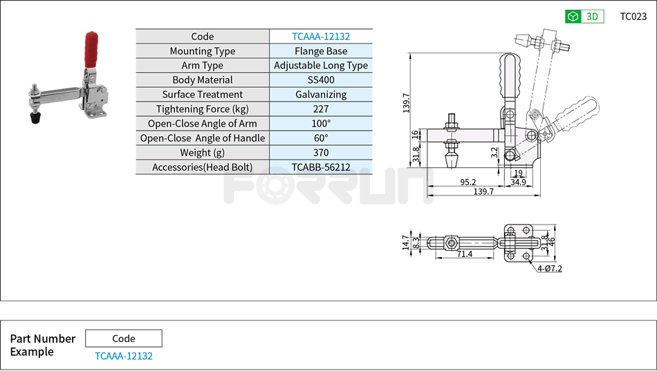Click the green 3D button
click(x=584, y=17)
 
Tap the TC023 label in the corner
click(x=633, y=17)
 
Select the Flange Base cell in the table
click(x=321, y=51)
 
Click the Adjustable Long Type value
click(x=321, y=66)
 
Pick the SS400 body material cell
click(x=321, y=80)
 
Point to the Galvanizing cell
click(x=321, y=95)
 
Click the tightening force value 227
click(x=321, y=109)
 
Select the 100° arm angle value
click(x=321, y=124)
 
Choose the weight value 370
click(x=321, y=153)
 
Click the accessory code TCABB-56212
click(x=321, y=167)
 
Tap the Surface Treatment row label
click(x=203, y=95)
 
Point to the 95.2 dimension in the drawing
click(x=468, y=182)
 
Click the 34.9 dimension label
click(x=518, y=182)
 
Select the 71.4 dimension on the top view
click(x=465, y=254)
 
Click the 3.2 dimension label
click(x=494, y=153)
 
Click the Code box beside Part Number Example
click(x=124, y=339)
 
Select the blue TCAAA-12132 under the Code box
click(x=124, y=356)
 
